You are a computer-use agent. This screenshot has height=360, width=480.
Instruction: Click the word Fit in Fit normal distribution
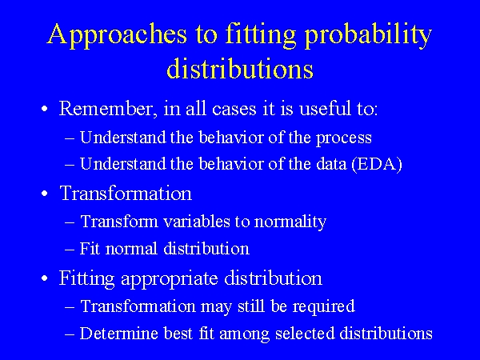[91, 249]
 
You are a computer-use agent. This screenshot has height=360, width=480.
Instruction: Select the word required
[327, 306]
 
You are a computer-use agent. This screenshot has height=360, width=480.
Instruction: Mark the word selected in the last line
[294, 334]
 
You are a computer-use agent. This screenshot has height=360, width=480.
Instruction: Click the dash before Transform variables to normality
[70, 222]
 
